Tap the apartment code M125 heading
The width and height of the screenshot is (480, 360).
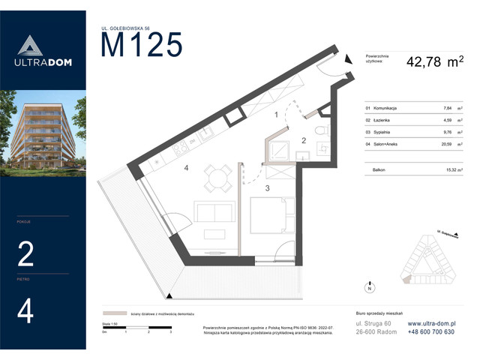(x=142, y=46)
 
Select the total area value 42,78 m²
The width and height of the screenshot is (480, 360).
(x=434, y=64)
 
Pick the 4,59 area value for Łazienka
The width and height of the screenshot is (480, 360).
(x=448, y=119)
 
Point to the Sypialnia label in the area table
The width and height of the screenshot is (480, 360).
(x=382, y=130)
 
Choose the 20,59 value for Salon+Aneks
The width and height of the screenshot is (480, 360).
(x=448, y=141)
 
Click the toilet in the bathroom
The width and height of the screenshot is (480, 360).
(x=320, y=132)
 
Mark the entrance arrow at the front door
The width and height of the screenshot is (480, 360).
(x=347, y=62)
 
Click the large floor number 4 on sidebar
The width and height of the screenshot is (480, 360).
(x=26, y=310)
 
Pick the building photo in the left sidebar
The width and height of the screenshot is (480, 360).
(x=43, y=131)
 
